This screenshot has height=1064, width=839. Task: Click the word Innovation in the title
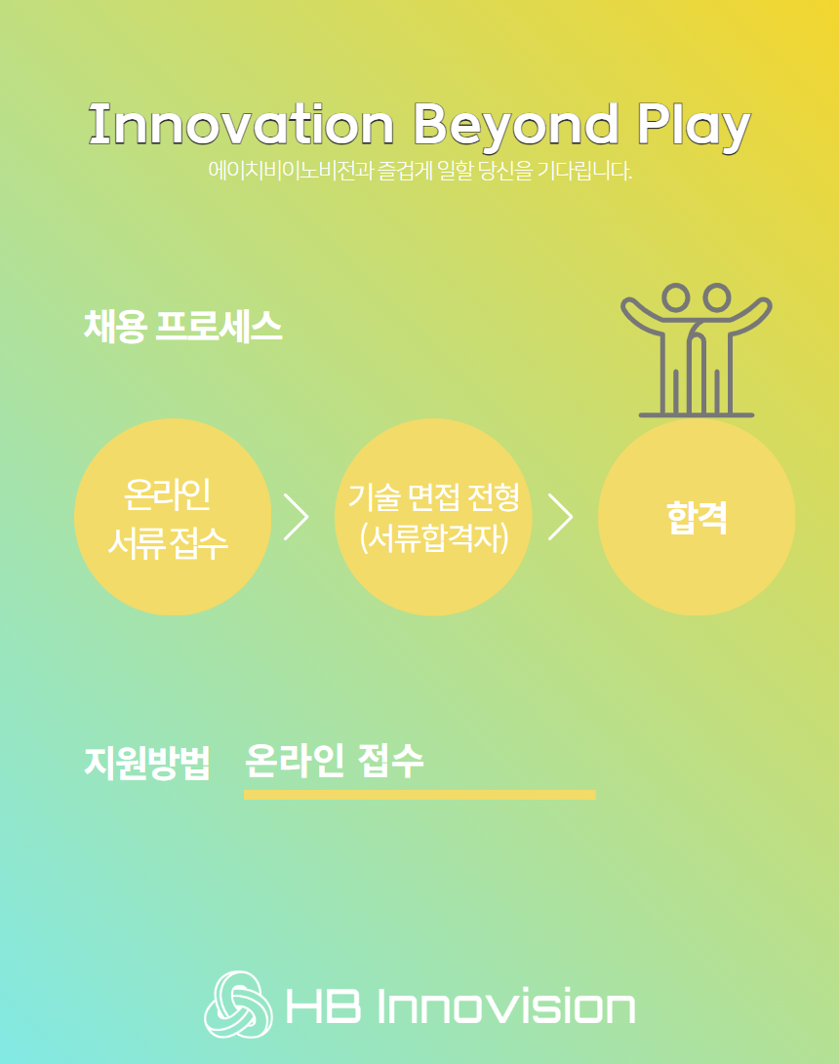pyautogui.click(x=241, y=124)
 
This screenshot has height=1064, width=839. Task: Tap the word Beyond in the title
pyautogui.click(x=516, y=128)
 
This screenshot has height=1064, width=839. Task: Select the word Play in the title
pyautogui.click(x=694, y=128)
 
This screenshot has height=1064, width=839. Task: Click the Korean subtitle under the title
pyautogui.click(x=420, y=171)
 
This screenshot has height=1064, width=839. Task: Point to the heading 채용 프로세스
pyautogui.click(x=182, y=327)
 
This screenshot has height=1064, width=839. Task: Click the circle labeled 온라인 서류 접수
pyautogui.click(x=173, y=517)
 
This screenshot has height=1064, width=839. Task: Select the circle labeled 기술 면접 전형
pyautogui.click(x=433, y=517)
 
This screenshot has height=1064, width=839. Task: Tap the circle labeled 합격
pyautogui.click(x=697, y=517)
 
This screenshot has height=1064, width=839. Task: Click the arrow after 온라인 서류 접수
pyautogui.click(x=297, y=517)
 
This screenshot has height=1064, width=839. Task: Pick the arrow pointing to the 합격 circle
pyautogui.click(x=561, y=517)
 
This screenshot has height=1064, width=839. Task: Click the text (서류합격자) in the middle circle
pyautogui.click(x=434, y=538)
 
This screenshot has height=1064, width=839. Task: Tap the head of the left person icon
pyautogui.click(x=675, y=297)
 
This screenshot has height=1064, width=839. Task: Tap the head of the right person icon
pyautogui.click(x=717, y=297)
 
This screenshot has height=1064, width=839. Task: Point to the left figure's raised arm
pyautogui.click(x=642, y=316)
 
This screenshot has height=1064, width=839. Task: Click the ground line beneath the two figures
pyautogui.click(x=697, y=414)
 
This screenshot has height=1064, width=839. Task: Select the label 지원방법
pyautogui.click(x=146, y=763)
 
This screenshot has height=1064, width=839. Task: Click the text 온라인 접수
pyautogui.click(x=334, y=761)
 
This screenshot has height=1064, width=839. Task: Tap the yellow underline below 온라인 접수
pyautogui.click(x=419, y=795)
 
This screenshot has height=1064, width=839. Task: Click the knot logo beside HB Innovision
pyautogui.click(x=238, y=1005)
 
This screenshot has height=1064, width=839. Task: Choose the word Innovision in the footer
pyautogui.click(x=506, y=1005)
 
